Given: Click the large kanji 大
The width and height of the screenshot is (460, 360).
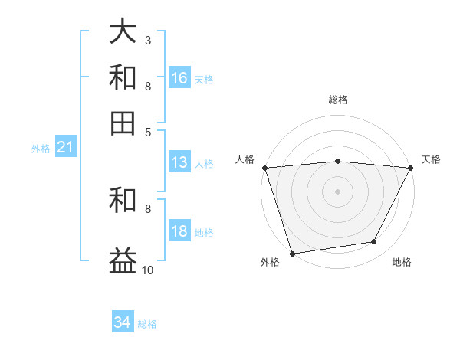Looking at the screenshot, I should point(123,32).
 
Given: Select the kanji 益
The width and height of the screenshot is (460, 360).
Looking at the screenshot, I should point(123,259).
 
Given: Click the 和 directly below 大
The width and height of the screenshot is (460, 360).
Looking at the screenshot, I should point(123,77).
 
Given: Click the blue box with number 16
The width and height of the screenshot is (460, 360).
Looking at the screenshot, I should point(179,78).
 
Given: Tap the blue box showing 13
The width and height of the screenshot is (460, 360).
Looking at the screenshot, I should point(179,162).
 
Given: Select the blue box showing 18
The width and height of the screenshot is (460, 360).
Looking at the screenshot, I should point(179,232).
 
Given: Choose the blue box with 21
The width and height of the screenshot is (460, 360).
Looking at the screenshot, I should point(65,147).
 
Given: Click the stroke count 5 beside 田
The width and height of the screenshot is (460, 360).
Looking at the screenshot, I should point(147,131).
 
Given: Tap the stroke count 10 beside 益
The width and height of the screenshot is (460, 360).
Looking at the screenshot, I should point(148,270).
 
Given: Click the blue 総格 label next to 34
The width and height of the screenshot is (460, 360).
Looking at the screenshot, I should point(147,324).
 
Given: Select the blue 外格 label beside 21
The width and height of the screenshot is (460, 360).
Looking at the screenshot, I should point(41,149).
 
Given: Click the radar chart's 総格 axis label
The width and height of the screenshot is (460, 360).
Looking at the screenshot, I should point(338,100).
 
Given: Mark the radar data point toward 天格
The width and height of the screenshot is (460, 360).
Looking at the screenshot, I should point(411,168).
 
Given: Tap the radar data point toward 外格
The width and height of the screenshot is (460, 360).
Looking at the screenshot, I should point(292,253).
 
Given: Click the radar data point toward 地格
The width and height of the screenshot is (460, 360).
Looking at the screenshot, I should point(374,241).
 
